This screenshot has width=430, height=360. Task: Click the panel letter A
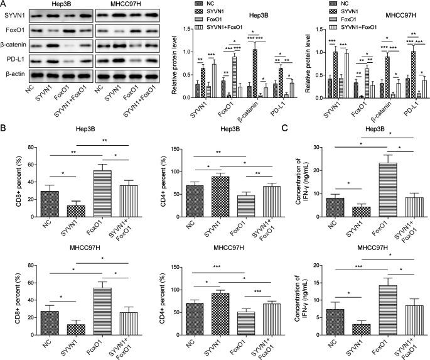[4, 4]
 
